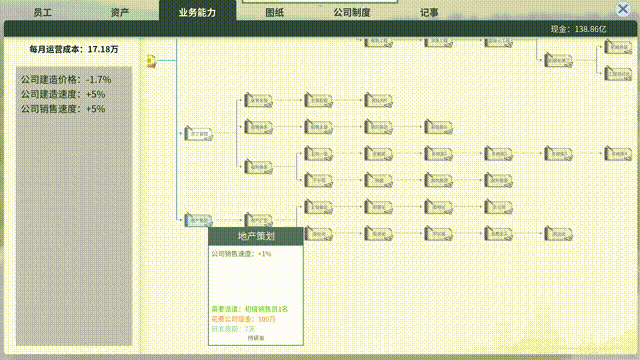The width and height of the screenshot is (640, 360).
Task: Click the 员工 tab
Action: [42, 13]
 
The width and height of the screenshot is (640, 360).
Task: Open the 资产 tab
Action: [120, 13]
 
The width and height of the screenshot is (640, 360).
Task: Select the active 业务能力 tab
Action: [198, 13]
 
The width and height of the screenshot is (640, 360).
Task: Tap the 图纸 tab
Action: [275, 13]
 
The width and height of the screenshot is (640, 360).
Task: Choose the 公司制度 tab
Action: [352, 13]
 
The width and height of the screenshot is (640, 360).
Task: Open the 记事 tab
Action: [429, 13]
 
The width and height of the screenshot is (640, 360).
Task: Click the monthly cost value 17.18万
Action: [103, 48]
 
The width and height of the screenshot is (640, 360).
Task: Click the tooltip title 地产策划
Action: [256, 236]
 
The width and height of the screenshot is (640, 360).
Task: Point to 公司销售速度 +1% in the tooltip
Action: [241, 254]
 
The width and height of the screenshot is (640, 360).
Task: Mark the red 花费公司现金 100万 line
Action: [244, 318]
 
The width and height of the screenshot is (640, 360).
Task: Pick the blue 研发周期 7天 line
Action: [233, 328]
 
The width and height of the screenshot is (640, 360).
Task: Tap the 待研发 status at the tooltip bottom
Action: [256, 338]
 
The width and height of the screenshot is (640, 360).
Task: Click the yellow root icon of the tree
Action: [151, 62]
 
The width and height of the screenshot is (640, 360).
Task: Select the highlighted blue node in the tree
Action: [198, 220]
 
